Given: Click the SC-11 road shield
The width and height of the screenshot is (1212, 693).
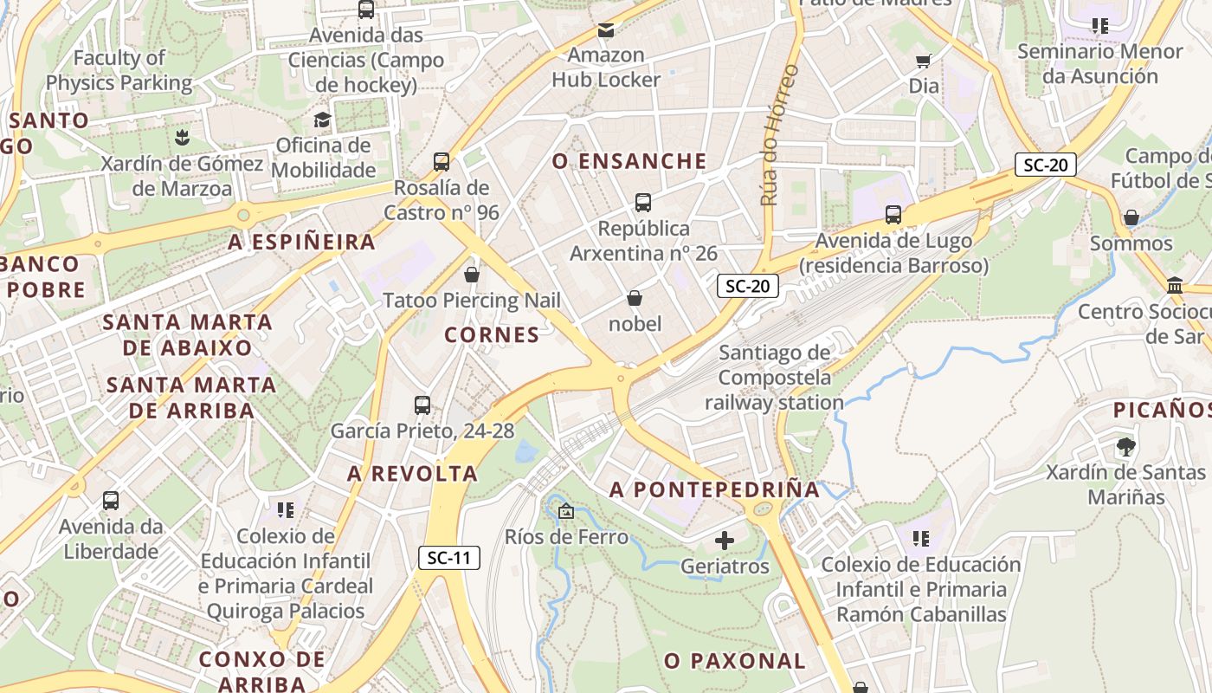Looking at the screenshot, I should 449,558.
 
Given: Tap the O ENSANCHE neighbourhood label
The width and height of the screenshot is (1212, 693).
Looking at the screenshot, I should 629,161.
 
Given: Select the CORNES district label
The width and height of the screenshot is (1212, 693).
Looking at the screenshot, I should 492,334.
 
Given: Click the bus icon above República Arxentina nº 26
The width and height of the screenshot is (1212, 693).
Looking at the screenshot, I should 642,203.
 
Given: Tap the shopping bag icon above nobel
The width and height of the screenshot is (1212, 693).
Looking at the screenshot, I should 635,299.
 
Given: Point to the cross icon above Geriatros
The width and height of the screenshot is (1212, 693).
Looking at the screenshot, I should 725,541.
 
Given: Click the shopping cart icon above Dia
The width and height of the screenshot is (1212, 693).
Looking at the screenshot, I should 924,61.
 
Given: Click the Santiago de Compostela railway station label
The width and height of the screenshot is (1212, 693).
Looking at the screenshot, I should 774,378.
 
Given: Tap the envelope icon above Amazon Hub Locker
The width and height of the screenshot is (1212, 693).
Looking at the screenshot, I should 605,30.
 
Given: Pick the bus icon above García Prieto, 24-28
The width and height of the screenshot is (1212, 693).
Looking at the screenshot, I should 422,405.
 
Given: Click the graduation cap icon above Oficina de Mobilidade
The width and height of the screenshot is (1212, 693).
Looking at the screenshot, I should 323,120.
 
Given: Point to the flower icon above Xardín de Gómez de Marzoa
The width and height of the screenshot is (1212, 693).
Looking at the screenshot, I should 182,138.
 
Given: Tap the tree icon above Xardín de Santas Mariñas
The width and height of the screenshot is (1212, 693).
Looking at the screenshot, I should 1125,447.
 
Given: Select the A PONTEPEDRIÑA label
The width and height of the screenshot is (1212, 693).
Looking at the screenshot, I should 714,489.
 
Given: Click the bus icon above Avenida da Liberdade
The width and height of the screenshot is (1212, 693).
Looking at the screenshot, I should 111,501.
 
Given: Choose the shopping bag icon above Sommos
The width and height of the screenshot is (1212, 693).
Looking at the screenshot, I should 1131,217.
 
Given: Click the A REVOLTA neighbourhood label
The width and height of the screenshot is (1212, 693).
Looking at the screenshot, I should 412,474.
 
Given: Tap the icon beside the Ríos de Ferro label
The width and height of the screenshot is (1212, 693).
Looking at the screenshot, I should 566,512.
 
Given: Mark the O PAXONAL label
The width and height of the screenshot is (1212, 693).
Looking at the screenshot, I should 735,661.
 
